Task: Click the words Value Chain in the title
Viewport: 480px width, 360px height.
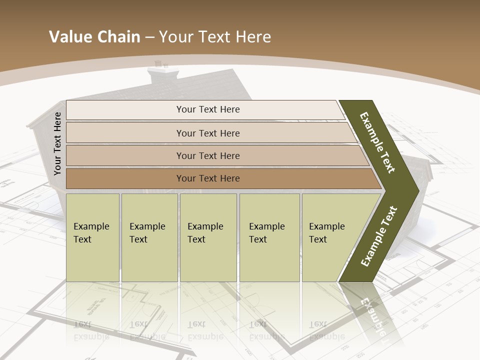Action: (94, 37)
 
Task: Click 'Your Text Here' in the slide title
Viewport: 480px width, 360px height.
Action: (215, 37)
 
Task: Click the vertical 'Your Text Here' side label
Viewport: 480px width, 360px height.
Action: (57, 144)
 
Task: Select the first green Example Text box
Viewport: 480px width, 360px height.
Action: (92, 237)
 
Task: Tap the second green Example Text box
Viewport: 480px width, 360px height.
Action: (149, 237)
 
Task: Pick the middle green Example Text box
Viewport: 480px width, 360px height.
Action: (208, 237)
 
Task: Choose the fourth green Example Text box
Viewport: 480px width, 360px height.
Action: (269, 237)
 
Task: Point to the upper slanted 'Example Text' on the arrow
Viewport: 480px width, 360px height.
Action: (377, 142)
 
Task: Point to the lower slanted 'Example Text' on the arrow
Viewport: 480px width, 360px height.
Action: (379, 236)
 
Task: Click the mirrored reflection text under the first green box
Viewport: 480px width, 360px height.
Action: (91, 330)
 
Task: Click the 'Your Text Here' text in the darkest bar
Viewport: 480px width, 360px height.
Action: (208, 178)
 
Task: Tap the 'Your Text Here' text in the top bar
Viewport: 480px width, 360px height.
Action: (208, 109)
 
